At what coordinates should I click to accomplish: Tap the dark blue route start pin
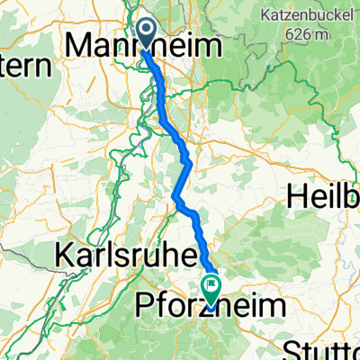click(x=148, y=31)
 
